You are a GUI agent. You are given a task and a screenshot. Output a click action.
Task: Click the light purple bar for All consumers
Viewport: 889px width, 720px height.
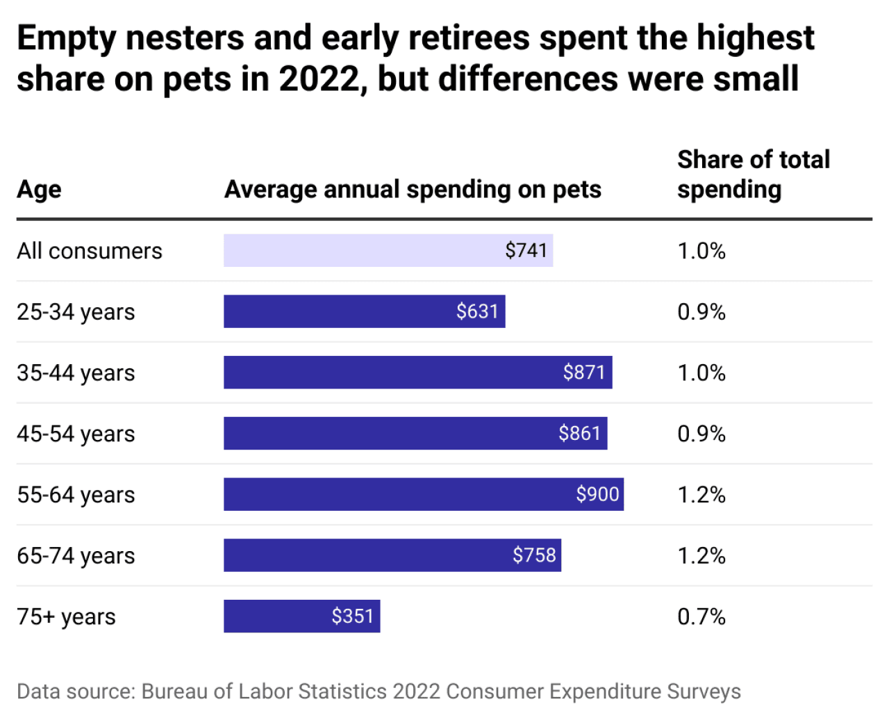(388, 250)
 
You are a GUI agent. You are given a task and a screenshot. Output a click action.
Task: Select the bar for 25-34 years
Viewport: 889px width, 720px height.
(364, 311)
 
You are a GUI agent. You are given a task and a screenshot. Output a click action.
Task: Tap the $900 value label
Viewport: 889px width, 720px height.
(597, 494)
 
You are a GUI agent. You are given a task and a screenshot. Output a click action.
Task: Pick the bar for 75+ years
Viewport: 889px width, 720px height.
(301, 616)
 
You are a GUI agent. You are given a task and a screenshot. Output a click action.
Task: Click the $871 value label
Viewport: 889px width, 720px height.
(584, 373)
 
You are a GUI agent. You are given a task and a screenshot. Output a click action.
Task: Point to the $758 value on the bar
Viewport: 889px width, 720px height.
(534, 555)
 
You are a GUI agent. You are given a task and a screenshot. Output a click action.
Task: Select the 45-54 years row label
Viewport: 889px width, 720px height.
(76, 434)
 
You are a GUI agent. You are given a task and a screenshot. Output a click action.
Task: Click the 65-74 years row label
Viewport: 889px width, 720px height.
(76, 556)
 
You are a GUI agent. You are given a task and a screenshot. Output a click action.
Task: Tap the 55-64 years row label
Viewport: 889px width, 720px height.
(76, 495)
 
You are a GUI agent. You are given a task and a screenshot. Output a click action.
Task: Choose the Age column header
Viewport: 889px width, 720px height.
(39, 189)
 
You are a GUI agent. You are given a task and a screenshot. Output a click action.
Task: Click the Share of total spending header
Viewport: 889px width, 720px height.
(753, 174)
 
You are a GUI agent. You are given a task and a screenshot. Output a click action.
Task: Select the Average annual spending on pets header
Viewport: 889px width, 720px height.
(413, 189)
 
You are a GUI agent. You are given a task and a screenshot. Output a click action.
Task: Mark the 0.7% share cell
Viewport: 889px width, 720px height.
(701, 616)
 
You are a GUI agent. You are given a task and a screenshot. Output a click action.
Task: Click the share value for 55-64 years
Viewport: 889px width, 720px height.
(701, 495)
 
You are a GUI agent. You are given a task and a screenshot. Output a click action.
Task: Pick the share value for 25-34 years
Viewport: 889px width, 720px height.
(701, 311)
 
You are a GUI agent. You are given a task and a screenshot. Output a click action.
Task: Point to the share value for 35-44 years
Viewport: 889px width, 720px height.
(701, 373)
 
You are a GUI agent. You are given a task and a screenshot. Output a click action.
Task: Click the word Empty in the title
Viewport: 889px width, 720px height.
(66, 38)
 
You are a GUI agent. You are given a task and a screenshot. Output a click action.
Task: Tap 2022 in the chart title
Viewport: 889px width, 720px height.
(322, 79)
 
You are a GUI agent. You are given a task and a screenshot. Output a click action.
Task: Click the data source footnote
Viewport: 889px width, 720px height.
(379, 692)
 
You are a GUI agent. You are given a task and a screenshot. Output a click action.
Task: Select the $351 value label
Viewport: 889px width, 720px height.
(352, 616)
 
